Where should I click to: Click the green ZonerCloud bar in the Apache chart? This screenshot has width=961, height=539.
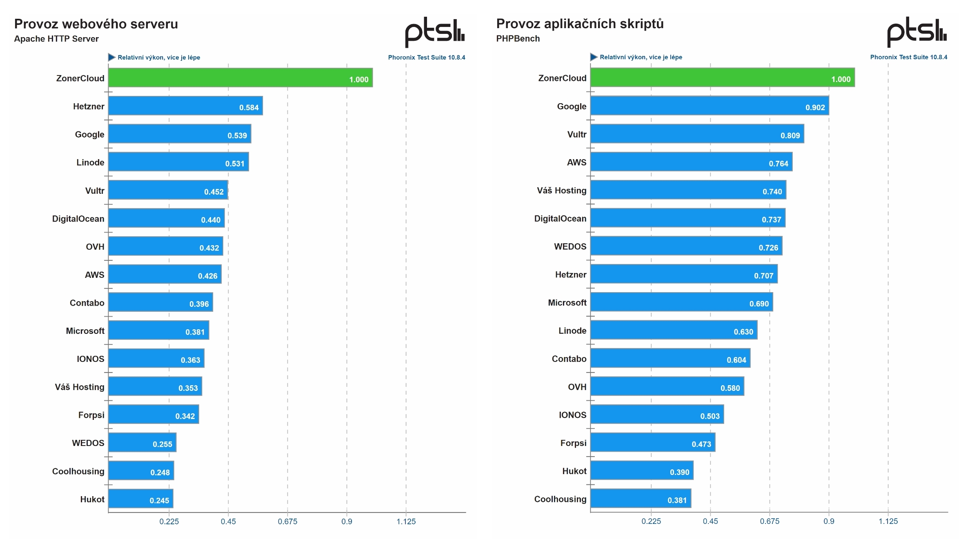240,78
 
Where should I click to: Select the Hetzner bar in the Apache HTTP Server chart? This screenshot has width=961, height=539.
185,106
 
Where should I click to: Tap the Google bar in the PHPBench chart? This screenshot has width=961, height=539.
709,105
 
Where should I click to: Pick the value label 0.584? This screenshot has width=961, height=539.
249,108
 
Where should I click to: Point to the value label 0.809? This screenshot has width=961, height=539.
790,135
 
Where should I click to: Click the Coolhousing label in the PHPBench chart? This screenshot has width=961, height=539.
560,499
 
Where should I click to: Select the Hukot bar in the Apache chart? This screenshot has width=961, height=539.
140,498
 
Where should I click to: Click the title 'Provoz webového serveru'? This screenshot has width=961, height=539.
96,24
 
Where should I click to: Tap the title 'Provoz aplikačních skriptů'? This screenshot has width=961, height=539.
580,24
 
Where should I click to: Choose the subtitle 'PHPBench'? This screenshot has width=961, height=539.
518,39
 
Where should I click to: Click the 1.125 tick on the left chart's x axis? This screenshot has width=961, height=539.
406,521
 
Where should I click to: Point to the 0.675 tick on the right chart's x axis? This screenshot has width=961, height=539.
769,521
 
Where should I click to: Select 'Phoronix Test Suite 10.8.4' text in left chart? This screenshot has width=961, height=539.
426,58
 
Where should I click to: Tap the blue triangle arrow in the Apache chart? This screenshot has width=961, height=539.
111,57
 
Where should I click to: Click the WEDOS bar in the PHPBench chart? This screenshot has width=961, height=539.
686,246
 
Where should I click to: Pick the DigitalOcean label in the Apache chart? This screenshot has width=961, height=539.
78,219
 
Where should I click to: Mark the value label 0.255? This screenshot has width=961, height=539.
162,444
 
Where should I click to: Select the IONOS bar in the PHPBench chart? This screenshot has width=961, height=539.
656,414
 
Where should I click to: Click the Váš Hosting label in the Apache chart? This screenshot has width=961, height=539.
80,387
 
